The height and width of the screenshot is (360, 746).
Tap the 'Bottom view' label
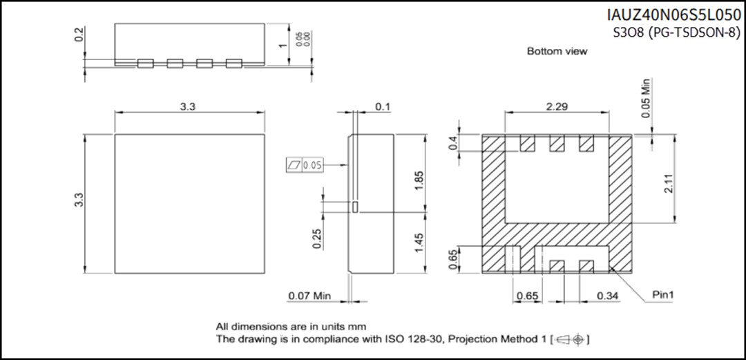click(x=557, y=51)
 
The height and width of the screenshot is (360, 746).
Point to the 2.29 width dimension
click(x=557, y=106)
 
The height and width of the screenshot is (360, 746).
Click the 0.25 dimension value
click(x=317, y=238)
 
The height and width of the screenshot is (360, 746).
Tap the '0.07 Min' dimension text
click(x=309, y=296)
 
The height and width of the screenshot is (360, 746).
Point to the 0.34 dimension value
click(x=607, y=296)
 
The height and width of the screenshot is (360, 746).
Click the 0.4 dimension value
click(x=454, y=143)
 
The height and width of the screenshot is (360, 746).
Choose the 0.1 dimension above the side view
click(x=382, y=106)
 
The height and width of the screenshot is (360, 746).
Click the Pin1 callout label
click(x=663, y=295)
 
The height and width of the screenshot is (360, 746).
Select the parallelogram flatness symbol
click(x=294, y=164)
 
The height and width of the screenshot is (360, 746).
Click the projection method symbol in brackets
click(x=571, y=339)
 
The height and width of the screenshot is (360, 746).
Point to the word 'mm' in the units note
click(x=358, y=326)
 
